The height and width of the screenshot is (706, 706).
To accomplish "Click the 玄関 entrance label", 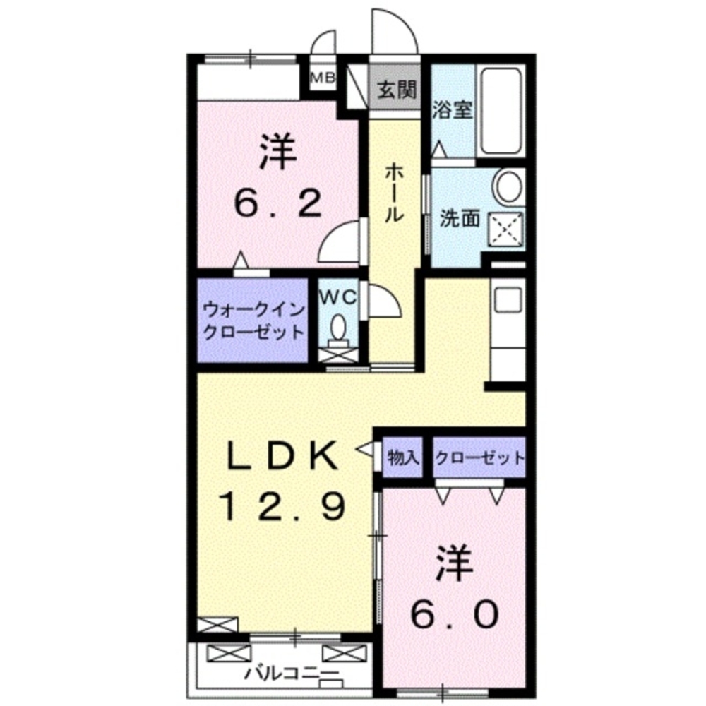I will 395,90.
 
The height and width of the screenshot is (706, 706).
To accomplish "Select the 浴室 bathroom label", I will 452,111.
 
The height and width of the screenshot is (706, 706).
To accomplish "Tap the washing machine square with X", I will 507,228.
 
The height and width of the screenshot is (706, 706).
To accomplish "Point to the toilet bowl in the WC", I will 339,328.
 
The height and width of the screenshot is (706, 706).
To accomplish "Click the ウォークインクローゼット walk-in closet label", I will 253,321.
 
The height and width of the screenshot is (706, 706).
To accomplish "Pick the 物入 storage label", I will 403,458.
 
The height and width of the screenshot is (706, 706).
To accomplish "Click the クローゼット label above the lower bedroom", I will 479,457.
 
